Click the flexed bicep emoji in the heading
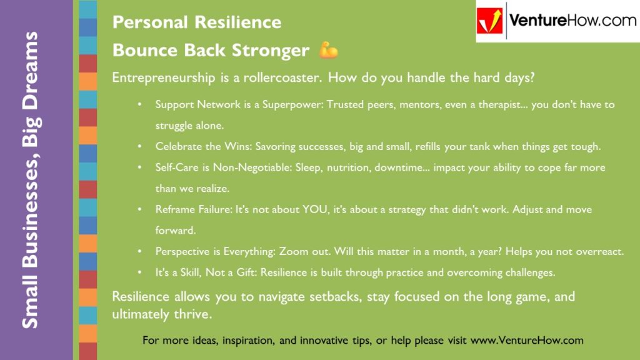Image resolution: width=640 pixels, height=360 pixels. point(328,50)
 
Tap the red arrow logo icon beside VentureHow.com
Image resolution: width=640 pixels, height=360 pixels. point(490,21)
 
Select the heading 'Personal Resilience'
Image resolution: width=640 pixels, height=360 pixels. point(196,22)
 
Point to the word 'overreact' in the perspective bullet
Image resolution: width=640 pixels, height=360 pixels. point(600,252)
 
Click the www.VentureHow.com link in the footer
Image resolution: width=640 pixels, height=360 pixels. point(526,341)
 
